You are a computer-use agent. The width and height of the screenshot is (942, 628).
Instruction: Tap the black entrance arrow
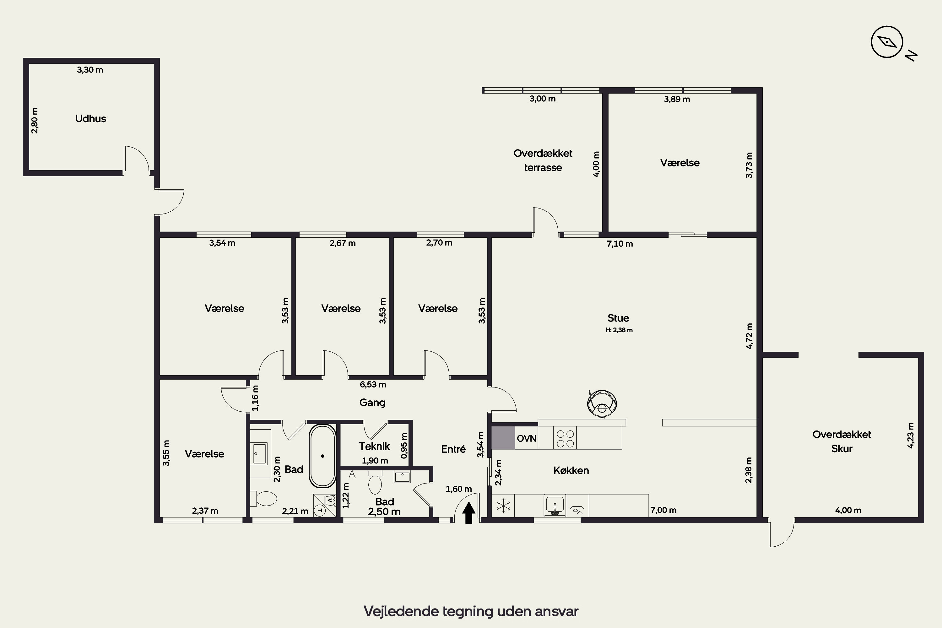pyautogui.click(x=468, y=513)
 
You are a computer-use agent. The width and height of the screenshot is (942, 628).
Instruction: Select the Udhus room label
pyautogui.click(x=90, y=119)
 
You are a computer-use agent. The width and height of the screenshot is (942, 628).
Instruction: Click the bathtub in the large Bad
pyautogui.click(x=322, y=456)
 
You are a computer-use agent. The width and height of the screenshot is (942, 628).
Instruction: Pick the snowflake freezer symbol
pyautogui.click(x=503, y=506)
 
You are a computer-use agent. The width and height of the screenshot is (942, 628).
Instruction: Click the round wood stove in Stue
pyautogui.click(x=602, y=404)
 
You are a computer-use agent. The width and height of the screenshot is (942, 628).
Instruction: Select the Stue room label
pyautogui.click(x=618, y=318)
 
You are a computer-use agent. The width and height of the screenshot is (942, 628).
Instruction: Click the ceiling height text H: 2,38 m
pyautogui.click(x=619, y=330)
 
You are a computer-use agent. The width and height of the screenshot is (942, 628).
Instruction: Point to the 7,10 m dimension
pyautogui.click(x=620, y=244)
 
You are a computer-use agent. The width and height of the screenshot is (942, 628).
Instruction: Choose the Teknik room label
pyautogui.click(x=374, y=446)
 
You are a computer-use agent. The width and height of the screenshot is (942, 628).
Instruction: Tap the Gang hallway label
pyautogui.click(x=372, y=403)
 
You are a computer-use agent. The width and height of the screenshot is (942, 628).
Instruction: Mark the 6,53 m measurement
pyautogui.click(x=373, y=384)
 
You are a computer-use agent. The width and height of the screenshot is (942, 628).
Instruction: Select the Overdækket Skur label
pyautogui.click(x=842, y=441)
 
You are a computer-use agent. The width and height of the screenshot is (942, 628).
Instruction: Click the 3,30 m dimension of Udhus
pyautogui.click(x=90, y=70)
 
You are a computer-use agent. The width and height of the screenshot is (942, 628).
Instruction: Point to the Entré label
pyautogui.click(x=453, y=449)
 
